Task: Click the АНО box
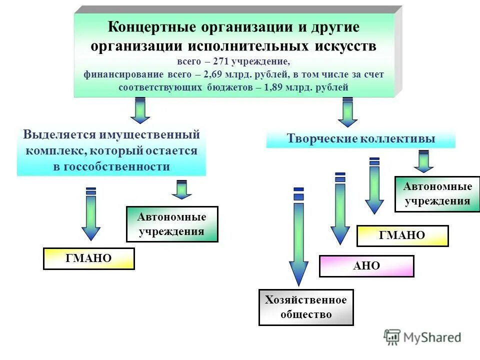point(366,266)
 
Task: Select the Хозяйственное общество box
point(306,307)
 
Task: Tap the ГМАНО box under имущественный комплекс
point(88,258)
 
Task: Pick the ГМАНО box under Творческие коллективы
point(402,235)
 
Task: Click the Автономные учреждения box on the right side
point(437,194)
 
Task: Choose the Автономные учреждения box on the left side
point(172,224)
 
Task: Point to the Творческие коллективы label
point(360,139)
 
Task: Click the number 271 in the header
point(222,61)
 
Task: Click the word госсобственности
point(111,166)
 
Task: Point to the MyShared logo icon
point(392,337)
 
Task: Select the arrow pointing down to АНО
point(340,210)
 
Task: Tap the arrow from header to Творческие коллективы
point(347,112)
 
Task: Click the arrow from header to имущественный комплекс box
point(140,111)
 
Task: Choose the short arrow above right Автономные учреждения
point(423,161)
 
